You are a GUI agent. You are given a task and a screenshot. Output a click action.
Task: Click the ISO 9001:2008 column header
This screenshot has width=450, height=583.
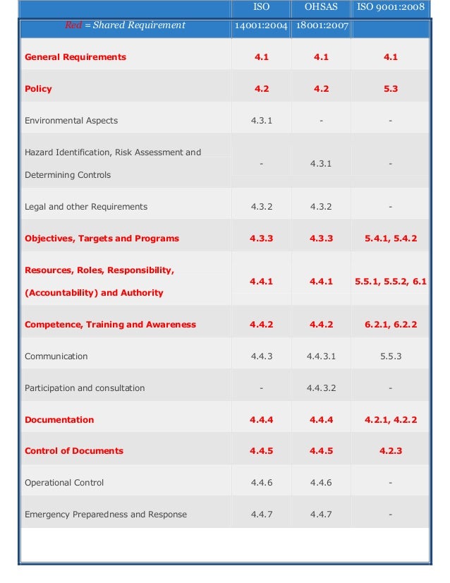click(x=390, y=8)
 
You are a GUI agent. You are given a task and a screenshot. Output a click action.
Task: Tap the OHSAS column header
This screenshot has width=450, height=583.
click(x=321, y=8)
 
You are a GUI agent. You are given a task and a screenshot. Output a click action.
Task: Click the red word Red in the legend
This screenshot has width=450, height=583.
click(x=73, y=25)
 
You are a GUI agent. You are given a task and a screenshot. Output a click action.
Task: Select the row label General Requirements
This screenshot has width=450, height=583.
click(x=75, y=57)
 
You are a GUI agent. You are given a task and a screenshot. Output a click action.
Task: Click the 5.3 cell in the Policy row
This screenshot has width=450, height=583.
click(x=390, y=89)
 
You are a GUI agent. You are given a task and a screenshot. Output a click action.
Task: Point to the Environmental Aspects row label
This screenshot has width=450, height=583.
click(x=71, y=121)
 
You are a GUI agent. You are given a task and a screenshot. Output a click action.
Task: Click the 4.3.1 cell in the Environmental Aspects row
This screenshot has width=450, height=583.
click(x=261, y=121)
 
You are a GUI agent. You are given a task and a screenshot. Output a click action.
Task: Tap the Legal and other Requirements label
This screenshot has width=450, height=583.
click(x=86, y=207)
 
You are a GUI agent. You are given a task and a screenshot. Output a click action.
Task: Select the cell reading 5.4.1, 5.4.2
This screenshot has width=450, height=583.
click(x=390, y=239)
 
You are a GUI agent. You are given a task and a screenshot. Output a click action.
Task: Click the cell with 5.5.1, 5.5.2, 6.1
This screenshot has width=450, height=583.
click(x=390, y=282)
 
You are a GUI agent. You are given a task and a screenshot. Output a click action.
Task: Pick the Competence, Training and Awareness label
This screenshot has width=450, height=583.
click(x=110, y=325)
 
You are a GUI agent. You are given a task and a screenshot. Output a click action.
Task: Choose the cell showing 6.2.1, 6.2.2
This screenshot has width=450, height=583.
click(x=390, y=325)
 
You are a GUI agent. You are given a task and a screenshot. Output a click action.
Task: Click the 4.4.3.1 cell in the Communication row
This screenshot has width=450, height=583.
click(x=321, y=356)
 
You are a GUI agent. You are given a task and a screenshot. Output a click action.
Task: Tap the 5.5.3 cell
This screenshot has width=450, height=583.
click(x=390, y=356)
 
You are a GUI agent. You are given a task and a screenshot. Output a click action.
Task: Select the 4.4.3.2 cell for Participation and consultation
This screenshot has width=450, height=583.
click(x=321, y=388)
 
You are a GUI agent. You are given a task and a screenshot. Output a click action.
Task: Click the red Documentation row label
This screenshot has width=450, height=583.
click(x=59, y=420)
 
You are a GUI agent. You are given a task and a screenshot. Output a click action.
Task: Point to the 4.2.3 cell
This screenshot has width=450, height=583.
click(x=390, y=451)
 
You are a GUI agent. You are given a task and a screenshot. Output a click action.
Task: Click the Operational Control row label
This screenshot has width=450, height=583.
click(x=64, y=483)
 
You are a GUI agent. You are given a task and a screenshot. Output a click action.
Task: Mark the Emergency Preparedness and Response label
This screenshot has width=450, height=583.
click(x=106, y=515)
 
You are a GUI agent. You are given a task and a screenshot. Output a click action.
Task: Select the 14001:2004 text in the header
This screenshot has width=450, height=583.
click(x=261, y=27)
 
